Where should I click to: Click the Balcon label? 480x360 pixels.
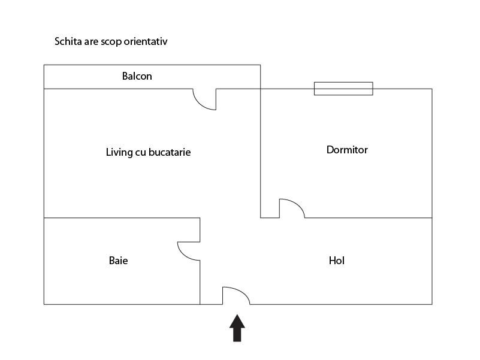(x=137, y=76)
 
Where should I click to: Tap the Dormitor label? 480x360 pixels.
(x=347, y=150)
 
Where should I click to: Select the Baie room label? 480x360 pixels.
(x=119, y=261)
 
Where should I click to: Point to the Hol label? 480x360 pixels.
(x=337, y=261)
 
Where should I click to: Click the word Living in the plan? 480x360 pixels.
(x=119, y=153)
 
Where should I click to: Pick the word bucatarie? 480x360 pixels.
(x=170, y=152)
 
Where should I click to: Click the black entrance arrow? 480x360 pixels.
(x=237, y=328)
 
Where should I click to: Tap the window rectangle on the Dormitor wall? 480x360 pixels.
(x=343, y=89)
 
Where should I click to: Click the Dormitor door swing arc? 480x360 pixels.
(x=296, y=204)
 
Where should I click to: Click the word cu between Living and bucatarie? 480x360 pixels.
(x=140, y=153)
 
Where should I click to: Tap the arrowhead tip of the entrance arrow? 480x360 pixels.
(x=237, y=314)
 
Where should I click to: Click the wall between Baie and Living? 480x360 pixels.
(x=122, y=218)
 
